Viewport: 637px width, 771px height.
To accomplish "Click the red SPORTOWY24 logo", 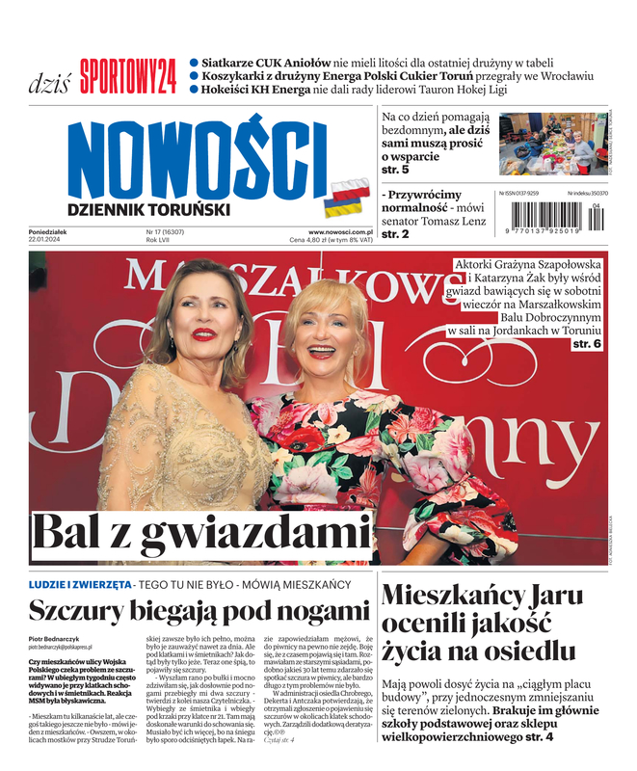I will tap(127, 76).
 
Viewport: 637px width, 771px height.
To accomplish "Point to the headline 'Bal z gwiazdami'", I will tap(200, 534).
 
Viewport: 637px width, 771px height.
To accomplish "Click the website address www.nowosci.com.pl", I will tap(340, 232).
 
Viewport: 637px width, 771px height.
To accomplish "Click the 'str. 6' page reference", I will tap(587, 343).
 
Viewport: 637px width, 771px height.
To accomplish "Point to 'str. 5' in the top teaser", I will tap(395, 170).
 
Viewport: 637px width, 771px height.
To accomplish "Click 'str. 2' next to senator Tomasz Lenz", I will tap(395, 234).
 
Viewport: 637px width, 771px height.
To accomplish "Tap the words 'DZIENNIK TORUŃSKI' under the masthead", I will tap(148, 209).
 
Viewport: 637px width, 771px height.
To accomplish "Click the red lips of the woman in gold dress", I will tap(202, 334).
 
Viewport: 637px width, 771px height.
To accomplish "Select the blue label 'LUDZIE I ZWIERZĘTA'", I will tap(80, 584).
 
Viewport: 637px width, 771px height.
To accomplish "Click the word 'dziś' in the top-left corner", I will tap(48, 81).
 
